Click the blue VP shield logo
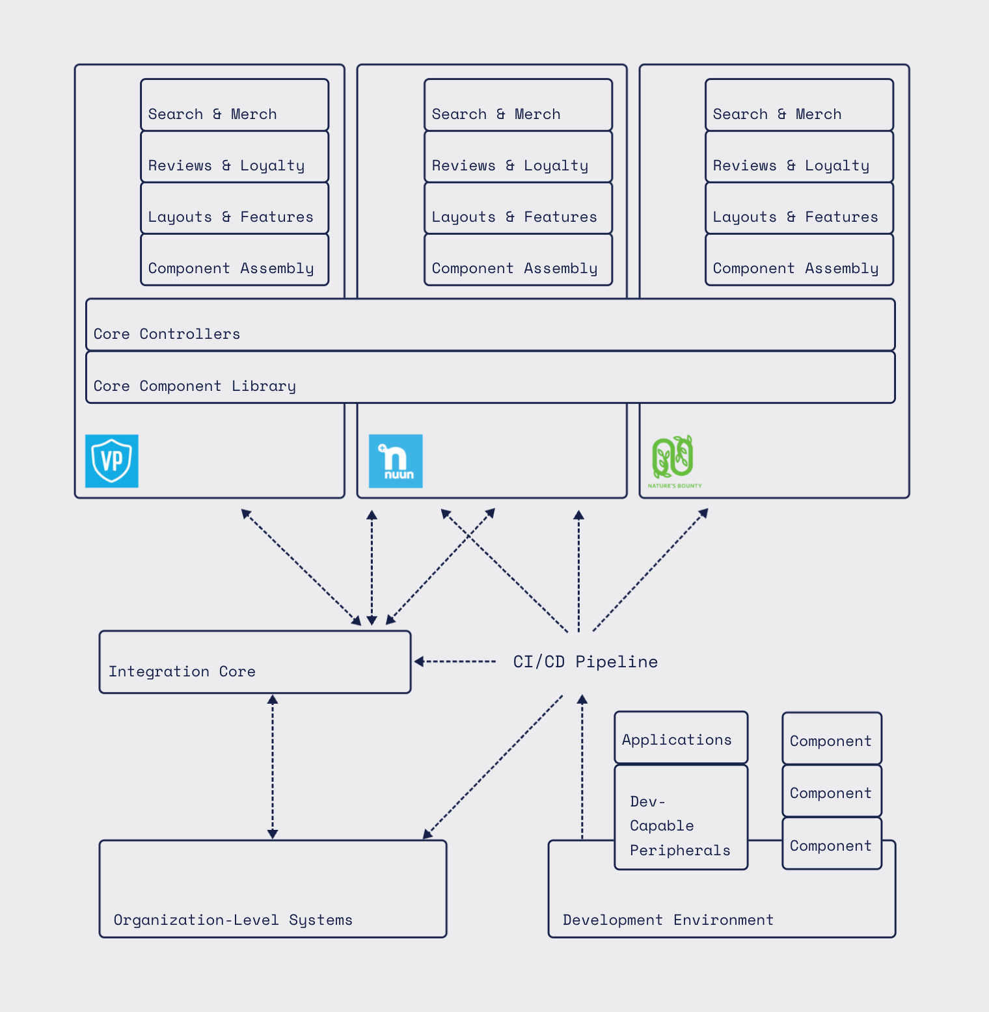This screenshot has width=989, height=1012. click(112, 461)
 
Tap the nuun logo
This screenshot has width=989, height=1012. click(396, 461)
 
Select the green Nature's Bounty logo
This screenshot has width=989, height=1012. click(674, 460)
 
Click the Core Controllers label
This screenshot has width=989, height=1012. click(167, 334)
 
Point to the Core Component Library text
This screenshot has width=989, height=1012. click(195, 386)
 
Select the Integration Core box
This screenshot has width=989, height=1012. click(254, 662)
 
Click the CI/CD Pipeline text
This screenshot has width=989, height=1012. click(585, 661)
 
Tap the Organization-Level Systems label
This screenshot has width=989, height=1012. click(233, 920)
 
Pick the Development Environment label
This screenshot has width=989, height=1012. click(668, 920)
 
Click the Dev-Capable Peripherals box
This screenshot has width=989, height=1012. click(681, 818)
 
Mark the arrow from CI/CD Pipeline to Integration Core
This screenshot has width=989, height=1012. click(455, 661)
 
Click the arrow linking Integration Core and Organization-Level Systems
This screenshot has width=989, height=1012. click(273, 766)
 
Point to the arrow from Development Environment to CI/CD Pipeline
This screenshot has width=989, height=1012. click(582, 767)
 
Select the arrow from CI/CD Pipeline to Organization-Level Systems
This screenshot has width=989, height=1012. click(493, 766)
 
